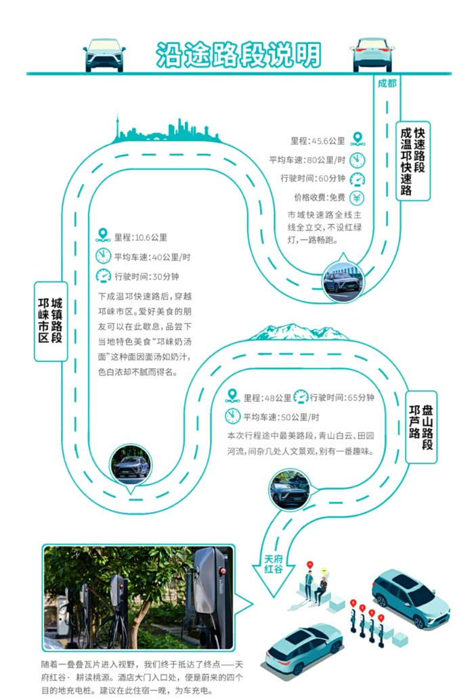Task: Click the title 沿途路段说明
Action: [238, 55]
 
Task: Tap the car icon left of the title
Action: [104, 54]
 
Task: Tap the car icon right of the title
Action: [372, 54]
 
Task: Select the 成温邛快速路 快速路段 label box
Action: [413, 161]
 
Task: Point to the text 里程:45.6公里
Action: [318, 141]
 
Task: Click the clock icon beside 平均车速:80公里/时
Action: [358, 160]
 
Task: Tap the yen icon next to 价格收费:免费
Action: [358, 198]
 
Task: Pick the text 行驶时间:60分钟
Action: [312, 179]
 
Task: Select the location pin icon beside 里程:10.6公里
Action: [103, 236]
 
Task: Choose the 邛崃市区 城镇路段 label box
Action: [51, 321]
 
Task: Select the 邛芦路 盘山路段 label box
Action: [421, 427]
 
